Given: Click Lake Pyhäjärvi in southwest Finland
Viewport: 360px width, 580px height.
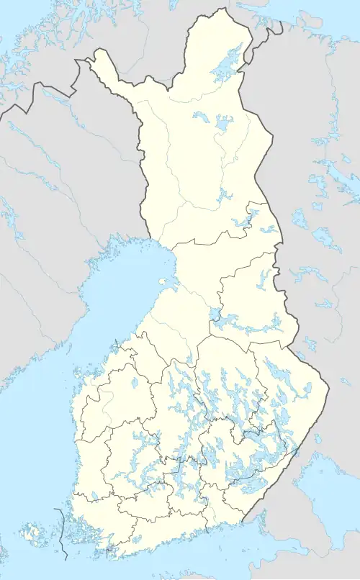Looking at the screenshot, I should pos(94,495).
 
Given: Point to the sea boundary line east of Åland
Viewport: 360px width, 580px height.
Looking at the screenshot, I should pos(61,533).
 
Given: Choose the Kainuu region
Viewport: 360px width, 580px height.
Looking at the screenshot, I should pos(252,288).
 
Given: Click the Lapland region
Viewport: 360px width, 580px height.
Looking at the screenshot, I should pos(194,158).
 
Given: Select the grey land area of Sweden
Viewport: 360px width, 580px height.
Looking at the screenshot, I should pos(43,216).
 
